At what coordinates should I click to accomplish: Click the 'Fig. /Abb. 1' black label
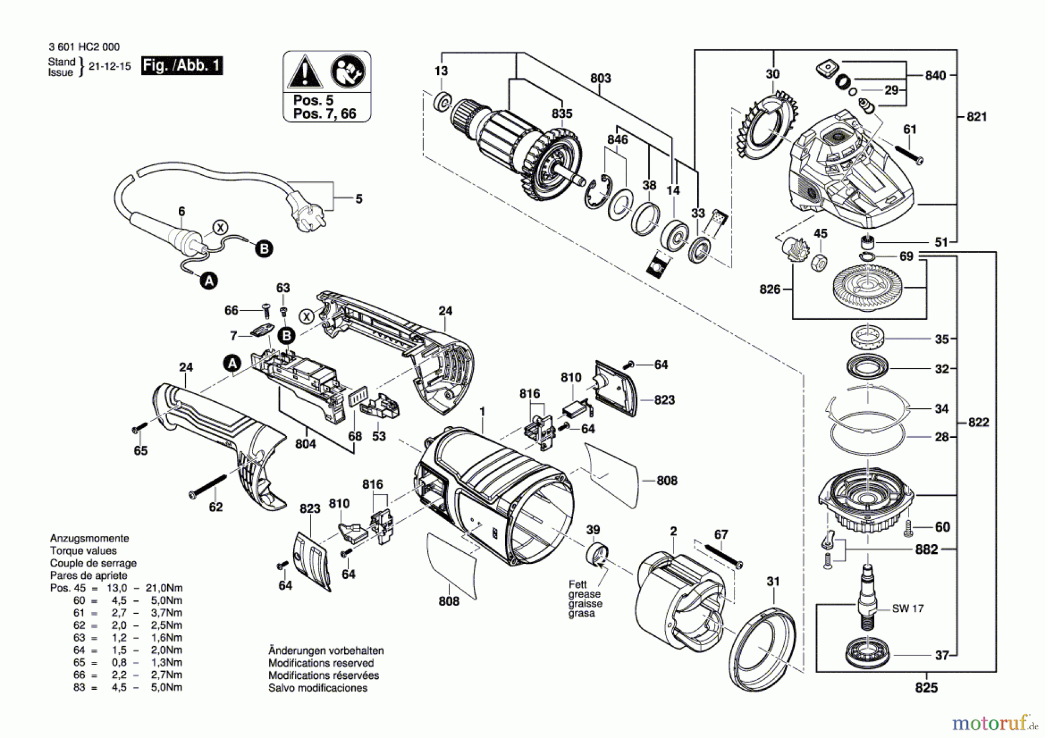[x=182, y=65]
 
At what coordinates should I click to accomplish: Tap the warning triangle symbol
[x=304, y=74]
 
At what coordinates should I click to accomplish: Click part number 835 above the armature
[x=561, y=114]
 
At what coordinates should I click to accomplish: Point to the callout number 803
[x=600, y=78]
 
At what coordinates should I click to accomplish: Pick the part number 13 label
[x=441, y=71]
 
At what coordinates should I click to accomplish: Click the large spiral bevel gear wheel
[x=867, y=286]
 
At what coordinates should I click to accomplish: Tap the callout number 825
[x=926, y=687]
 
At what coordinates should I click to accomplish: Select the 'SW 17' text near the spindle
[x=907, y=609]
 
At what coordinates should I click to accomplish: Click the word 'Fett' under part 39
[x=578, y=584]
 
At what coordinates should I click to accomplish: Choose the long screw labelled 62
[x=208, y=485]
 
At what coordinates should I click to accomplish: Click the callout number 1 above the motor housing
[x=482, y=412]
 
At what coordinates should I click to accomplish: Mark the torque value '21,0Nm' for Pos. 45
[x=164, y=588]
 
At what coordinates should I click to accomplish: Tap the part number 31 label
[x=773, y=581]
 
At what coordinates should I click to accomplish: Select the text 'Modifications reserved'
[x=320, y=663]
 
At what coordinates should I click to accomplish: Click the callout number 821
[x=976, y=117]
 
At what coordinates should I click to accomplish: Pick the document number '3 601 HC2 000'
[x=85, y=47]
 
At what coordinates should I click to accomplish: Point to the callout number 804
[x=305, y=444]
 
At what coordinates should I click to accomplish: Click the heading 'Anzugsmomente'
[x=89, y=538]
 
